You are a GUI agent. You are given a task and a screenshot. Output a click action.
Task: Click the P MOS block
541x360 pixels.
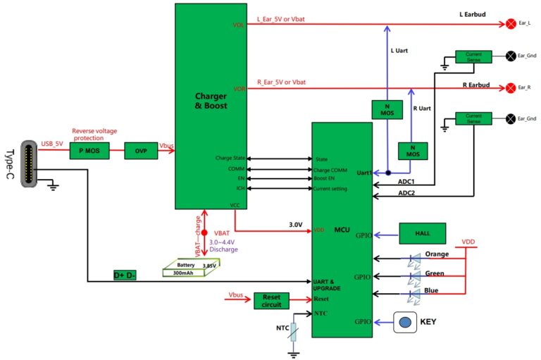click(89, 151)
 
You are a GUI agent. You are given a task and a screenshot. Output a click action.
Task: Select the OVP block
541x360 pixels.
click(141, 151)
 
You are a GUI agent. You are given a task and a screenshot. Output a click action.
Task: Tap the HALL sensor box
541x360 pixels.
click(423, 233)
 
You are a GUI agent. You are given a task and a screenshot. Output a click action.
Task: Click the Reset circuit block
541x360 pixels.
click(271, 301)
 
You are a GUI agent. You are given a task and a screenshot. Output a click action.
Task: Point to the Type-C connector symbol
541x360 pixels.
click(29, 163)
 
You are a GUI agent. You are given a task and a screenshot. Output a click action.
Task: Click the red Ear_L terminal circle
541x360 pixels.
click(511, 24)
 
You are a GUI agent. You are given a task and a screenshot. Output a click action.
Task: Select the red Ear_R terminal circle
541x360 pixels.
click(511, 87)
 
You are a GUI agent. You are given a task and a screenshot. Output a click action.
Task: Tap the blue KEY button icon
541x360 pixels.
click(405, 323)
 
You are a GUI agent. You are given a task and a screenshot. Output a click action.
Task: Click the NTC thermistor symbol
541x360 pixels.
click(293, 332)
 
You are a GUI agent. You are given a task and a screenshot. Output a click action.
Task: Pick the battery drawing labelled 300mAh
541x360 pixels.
click(191, 268)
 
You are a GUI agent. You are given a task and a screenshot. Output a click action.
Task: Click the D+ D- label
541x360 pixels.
click(125, 275)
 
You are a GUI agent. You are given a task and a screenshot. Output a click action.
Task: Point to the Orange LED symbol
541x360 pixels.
click(414, 259)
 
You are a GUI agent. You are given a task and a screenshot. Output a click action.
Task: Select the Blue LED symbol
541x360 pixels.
click(414, 296)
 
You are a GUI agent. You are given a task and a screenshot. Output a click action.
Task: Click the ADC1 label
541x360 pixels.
click(406, 182)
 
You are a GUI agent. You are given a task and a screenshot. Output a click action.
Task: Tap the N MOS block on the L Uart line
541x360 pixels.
click(387, 110)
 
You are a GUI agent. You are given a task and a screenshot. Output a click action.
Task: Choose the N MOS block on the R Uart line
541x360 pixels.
click(413, 151)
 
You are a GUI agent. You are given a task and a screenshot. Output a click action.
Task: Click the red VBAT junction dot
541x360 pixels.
click(204, 233)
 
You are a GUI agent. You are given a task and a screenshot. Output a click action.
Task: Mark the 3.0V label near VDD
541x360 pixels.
click(296, 225)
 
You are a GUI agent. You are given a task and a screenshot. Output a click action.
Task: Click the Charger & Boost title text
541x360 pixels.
click(211, 101)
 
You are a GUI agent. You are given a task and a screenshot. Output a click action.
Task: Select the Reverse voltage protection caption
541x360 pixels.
click(94, 135)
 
